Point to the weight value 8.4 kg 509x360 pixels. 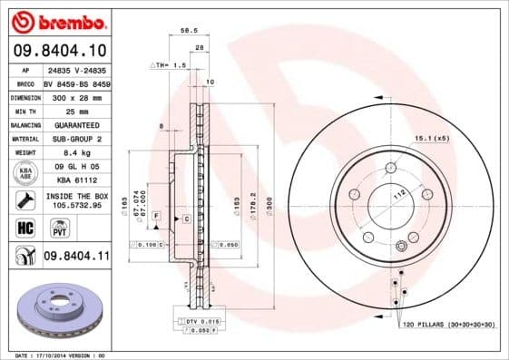pyautogui.click(x=72, y=152)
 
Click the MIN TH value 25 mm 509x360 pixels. pyautogui.click(x=72, y=110)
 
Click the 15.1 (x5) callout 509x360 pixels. pyautogui.click(x=430, y=139)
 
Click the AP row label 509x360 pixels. pyautogui.click(x=24, y=68)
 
